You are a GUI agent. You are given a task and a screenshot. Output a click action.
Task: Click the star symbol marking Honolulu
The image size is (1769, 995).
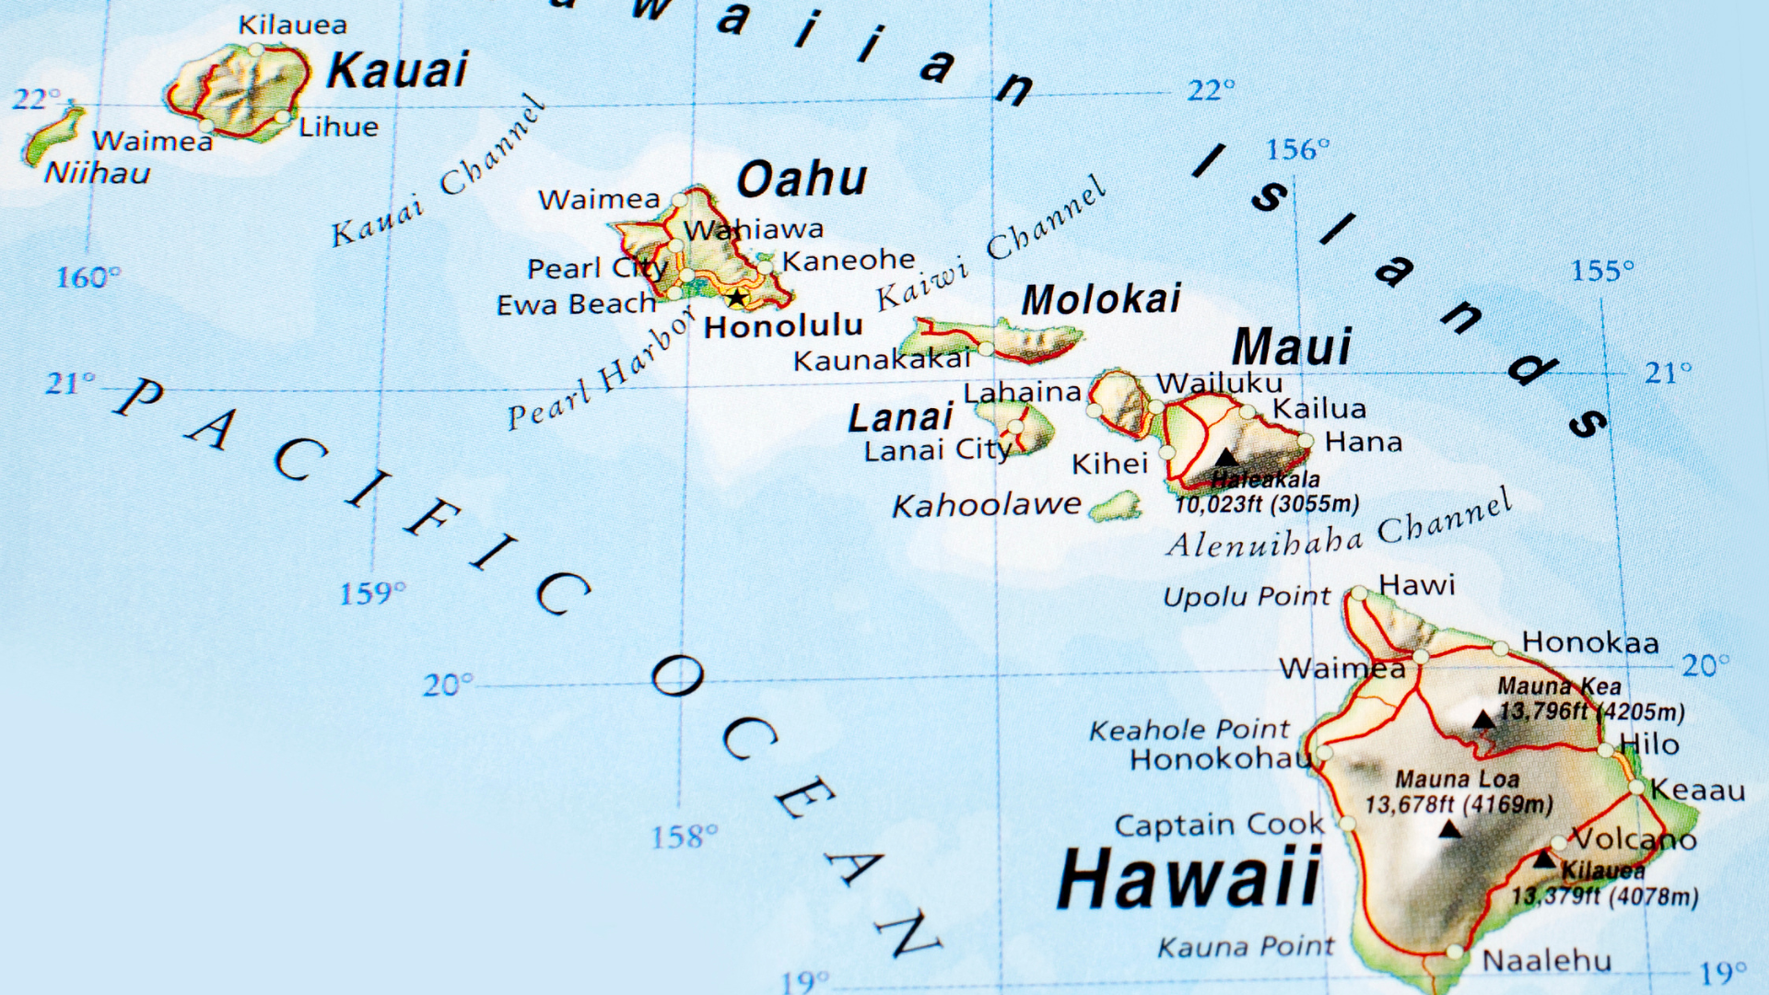point(736,298)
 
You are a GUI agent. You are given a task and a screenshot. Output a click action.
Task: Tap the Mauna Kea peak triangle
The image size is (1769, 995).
point(1483,720)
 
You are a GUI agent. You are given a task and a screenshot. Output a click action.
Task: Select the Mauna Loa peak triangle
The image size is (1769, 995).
point(1450,829)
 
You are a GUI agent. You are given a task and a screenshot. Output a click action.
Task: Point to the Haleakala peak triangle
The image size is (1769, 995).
point(1225,457)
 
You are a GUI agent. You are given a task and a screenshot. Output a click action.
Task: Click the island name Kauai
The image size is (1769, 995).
point(397,71)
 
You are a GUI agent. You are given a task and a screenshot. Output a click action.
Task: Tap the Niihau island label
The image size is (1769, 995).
point(97,173)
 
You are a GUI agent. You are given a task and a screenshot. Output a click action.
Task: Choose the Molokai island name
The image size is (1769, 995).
point(1101,299)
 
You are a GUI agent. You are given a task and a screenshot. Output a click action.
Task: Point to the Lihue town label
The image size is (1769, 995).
point(338,127)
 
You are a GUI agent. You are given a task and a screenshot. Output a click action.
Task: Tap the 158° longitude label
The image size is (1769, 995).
point(684,837)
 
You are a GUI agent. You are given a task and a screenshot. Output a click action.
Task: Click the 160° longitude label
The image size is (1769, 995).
point(88,277)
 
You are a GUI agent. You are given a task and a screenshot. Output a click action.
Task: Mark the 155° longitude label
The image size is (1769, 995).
point(1602,271)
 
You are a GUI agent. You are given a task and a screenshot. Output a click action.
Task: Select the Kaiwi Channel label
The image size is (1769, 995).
point(990,244)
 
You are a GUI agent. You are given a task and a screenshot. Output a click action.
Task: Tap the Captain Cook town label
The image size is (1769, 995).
point(1218,825)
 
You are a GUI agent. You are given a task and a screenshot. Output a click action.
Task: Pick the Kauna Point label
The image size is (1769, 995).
point(1245,947)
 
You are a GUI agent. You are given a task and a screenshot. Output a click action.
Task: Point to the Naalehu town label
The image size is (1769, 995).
point(1546,961)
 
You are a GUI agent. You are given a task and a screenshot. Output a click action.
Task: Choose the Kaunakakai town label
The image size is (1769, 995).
point(882,360)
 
